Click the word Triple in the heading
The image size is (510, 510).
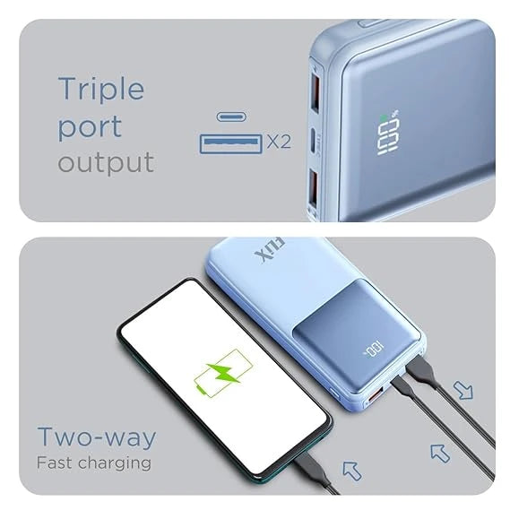click(100, 90)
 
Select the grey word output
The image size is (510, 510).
click(106, 163)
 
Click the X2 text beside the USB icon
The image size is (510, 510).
click(279, 142)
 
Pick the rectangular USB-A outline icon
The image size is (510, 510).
click(230, 142)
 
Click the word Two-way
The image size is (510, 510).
click(96, 437)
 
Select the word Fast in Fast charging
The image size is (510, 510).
click(56, 463)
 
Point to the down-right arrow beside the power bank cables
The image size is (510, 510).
click(463, 390)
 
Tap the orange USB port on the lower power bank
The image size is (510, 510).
click(376, 394)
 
